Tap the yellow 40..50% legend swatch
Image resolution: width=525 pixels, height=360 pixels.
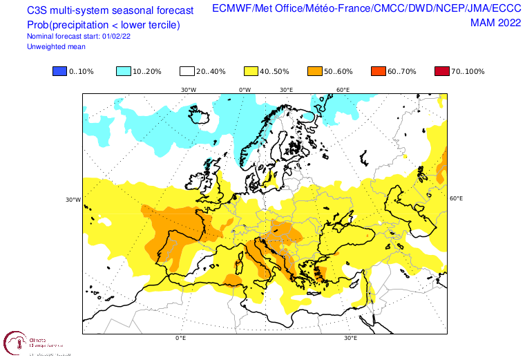tap(251, 72)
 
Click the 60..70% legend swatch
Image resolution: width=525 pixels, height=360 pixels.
tap(379, 72)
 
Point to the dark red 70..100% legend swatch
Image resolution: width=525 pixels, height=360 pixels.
tap(442, 72)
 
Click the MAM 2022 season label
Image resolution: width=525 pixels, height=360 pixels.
tap(494, 23)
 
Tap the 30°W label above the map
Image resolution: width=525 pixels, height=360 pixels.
tap(189, 90)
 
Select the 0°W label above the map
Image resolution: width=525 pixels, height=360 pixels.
tap(245, 90)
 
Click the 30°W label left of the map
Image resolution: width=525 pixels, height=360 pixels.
tap(73, 200)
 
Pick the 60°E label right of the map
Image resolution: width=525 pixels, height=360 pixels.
tap(456, 198)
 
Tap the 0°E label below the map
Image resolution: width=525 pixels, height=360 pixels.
tap(181, 339)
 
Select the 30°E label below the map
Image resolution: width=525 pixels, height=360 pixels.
tap(351, 339)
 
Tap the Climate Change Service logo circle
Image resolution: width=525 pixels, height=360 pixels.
tap(14, 343)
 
